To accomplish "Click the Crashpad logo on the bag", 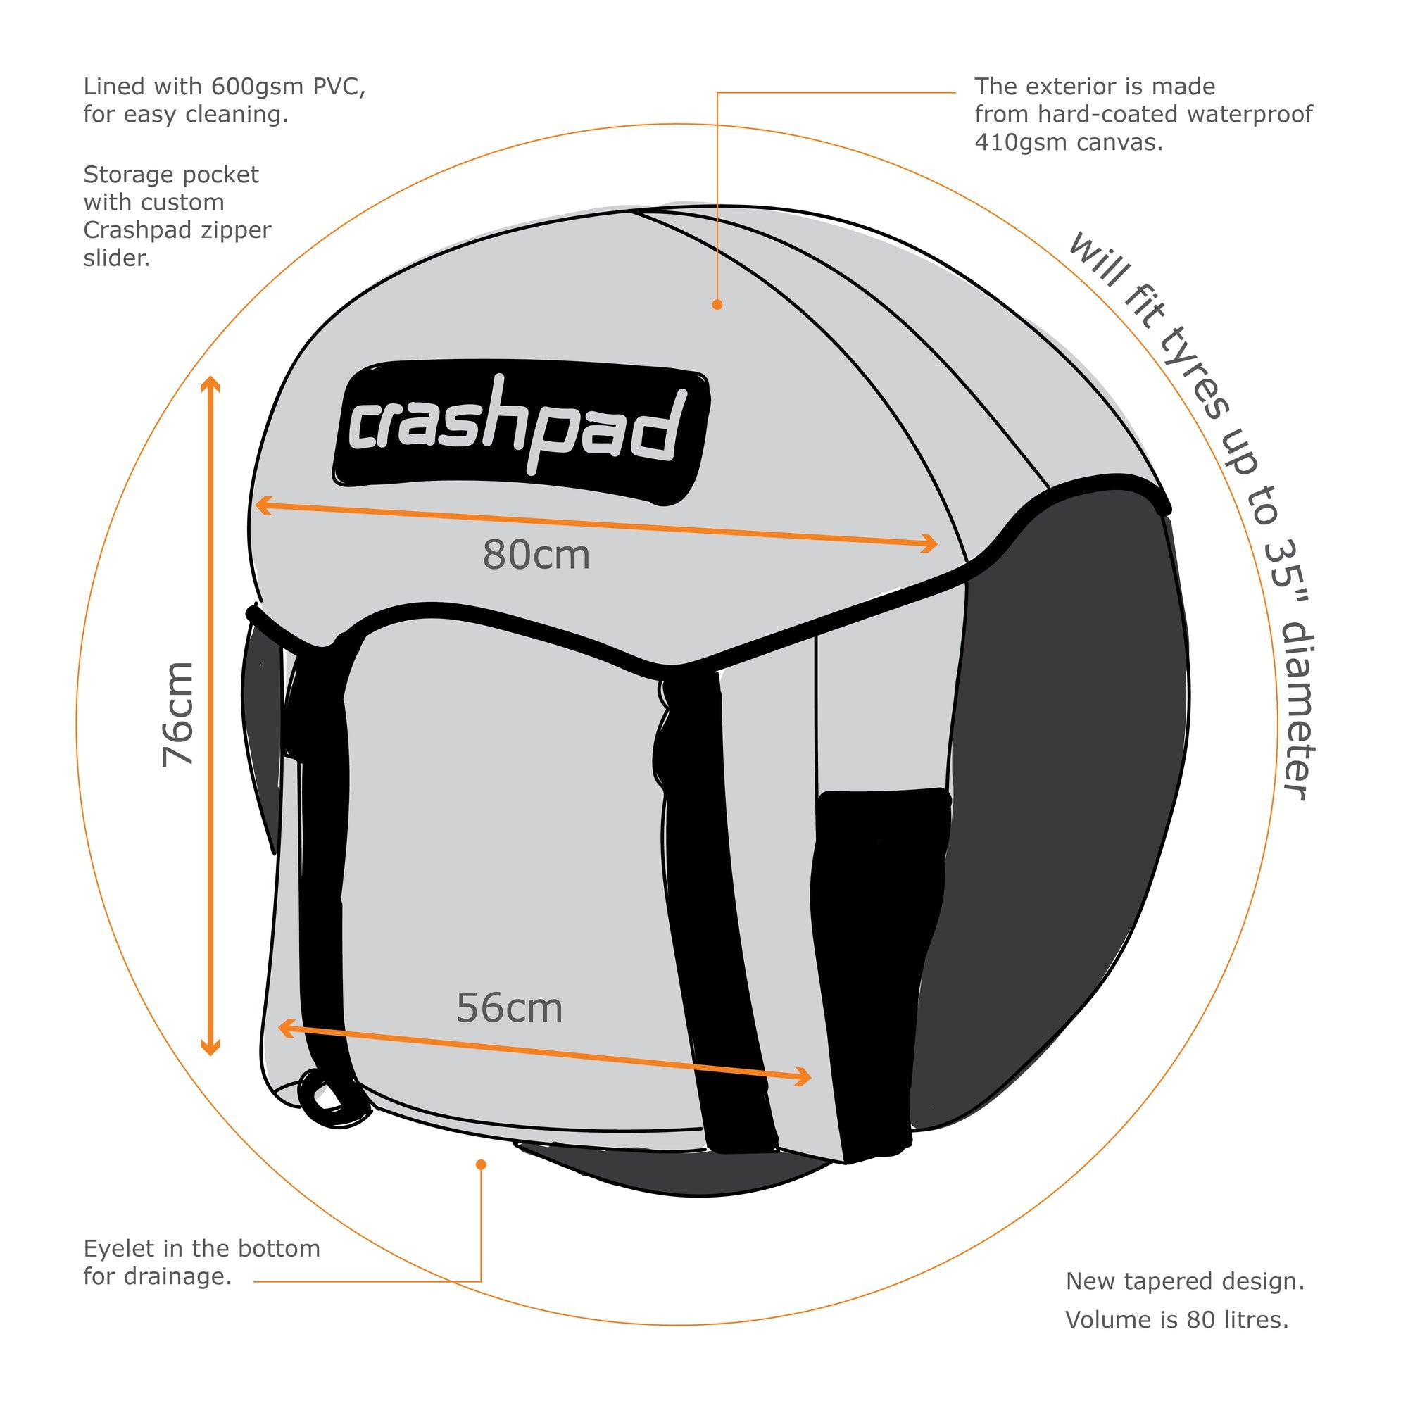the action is point(521,433).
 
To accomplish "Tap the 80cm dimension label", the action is point(536,556).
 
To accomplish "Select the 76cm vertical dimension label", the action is point(179,714).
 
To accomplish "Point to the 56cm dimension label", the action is point(510,1010).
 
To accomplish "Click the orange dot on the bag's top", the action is point(717,305).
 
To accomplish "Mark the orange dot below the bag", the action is point(481,1164).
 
